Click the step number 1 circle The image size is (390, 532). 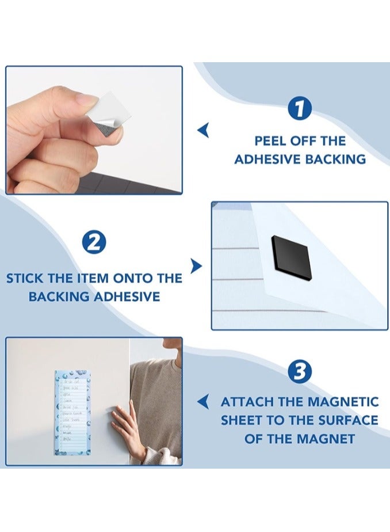pos(300,109)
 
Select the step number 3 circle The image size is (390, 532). pos(300,373)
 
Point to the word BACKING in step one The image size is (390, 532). pos(336,159)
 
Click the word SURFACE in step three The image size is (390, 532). pos(347,420)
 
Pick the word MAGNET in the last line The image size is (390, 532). pos(327,439)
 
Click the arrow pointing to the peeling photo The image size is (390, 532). pos(202,131)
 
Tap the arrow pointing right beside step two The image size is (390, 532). pos(197,266)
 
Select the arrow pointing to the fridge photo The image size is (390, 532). pos(202,402)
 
